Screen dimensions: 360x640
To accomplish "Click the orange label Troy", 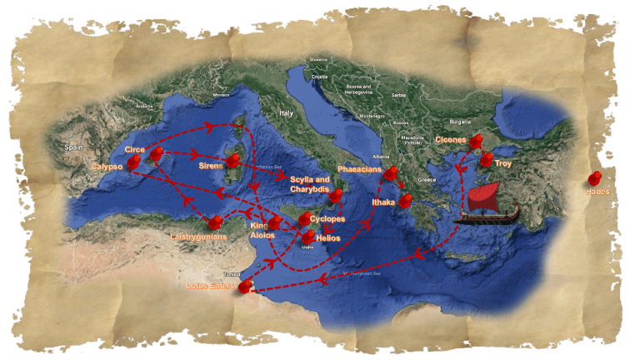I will (503, 164).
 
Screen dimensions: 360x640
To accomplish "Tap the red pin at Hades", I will (595, 178).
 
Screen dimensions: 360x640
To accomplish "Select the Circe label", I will (134, 149).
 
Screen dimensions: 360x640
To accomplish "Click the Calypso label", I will (107, 167).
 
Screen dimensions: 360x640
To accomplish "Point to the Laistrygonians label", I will (198, 237).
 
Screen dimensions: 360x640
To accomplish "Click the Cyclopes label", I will (327, 219).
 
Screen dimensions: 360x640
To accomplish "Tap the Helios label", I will (328, 238).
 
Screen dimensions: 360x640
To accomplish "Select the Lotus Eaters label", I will (208, 288).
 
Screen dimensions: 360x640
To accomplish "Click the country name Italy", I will (287, 112).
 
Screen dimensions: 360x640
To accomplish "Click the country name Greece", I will (427, 180).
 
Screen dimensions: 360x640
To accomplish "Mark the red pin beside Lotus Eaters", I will (244, 287).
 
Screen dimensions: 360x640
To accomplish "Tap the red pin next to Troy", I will (486, 159).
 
